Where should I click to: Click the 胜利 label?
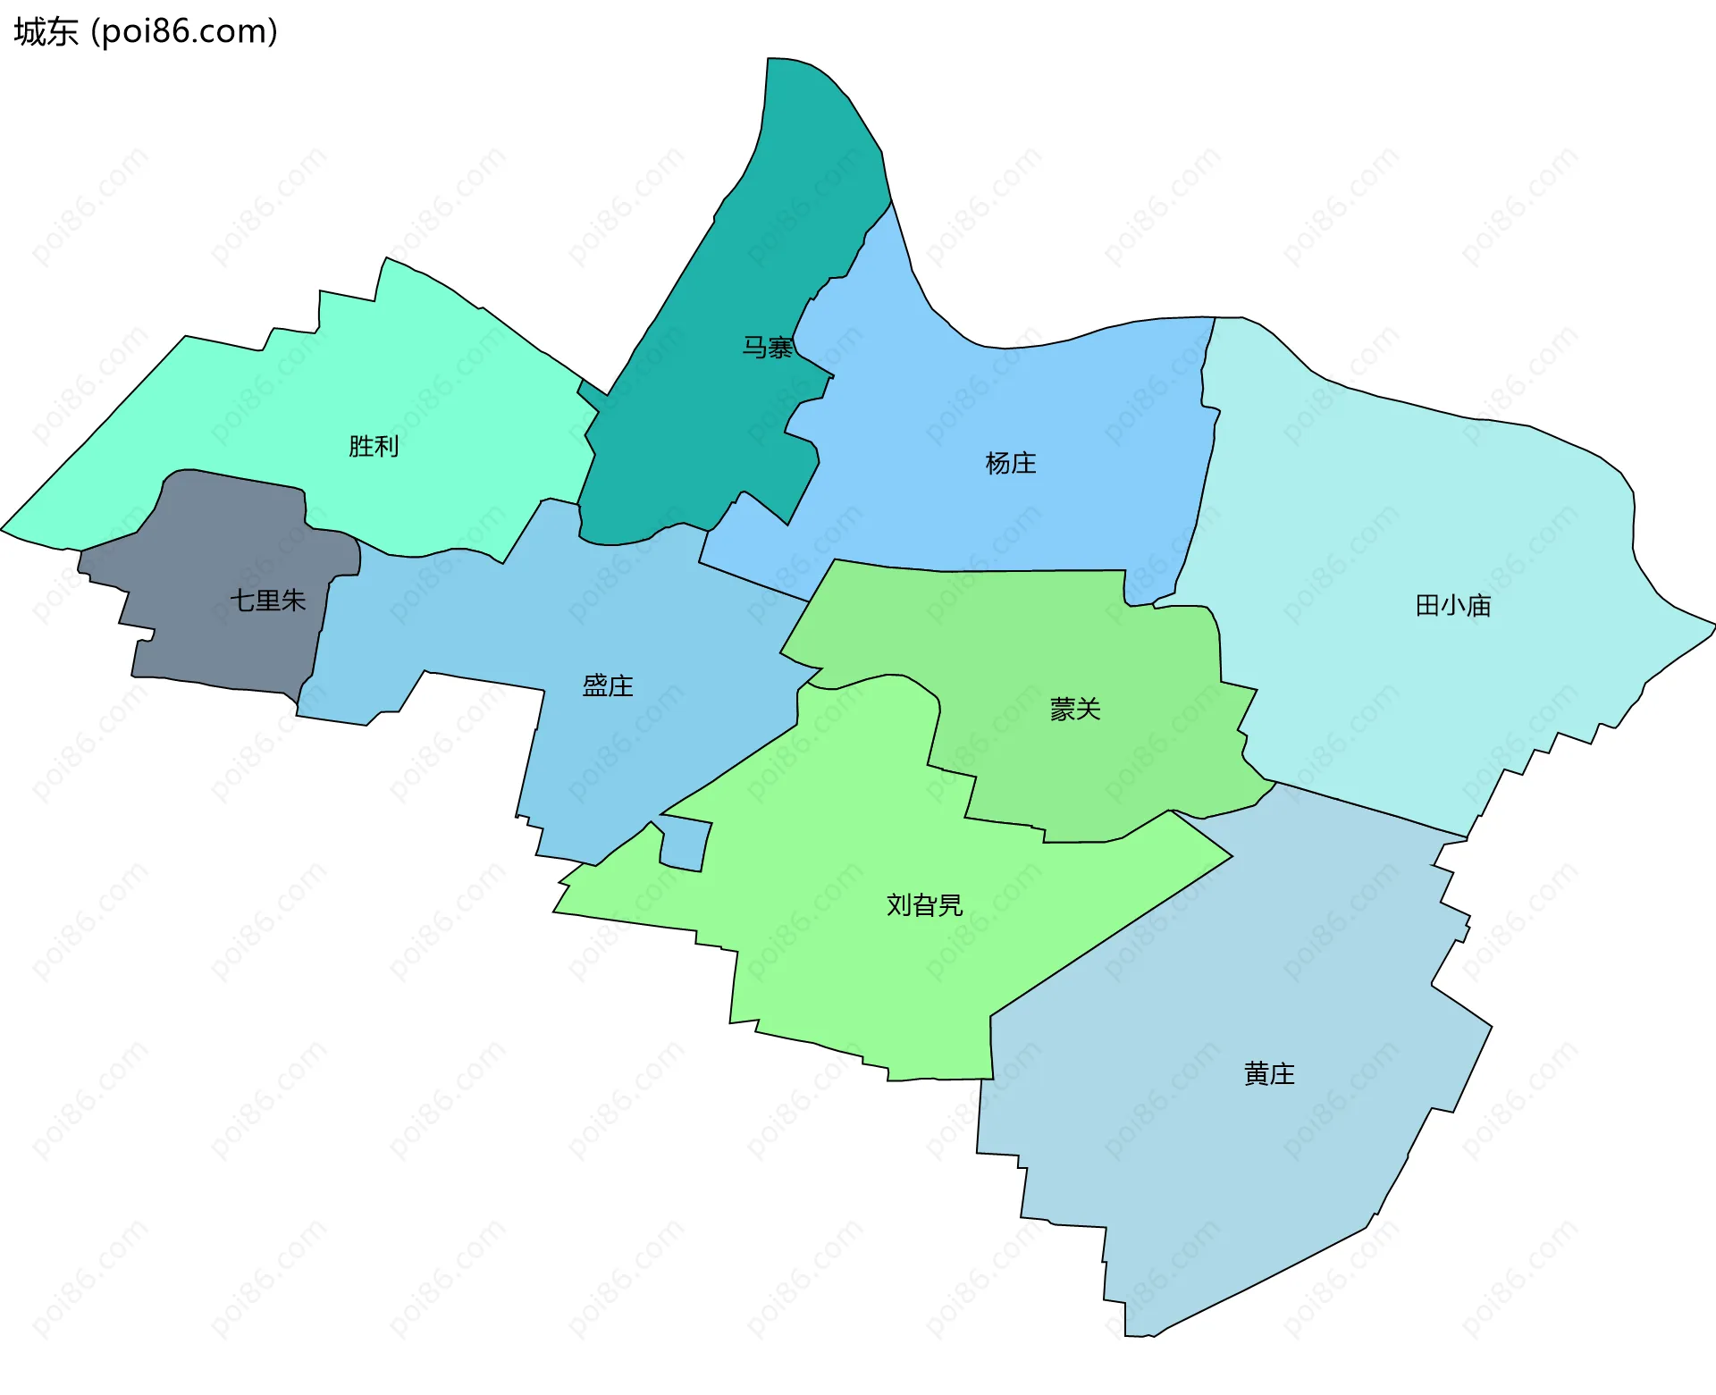[x=374, y=446]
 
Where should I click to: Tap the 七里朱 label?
[x=268, y=601]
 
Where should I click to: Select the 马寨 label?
[x=768, y=348]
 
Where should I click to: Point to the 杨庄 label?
[x=1011, y=463]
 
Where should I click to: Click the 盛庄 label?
[x=608, y=685]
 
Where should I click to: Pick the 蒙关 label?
[x=1075, y=710]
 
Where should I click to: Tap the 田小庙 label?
[x=1453, y=606]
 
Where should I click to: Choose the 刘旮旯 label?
[x=924, y=905]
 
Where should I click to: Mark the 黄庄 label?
[x=1269, y=1073]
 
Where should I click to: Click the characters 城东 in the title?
[x=46, y=32]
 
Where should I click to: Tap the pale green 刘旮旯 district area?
[x=849, y=965]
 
